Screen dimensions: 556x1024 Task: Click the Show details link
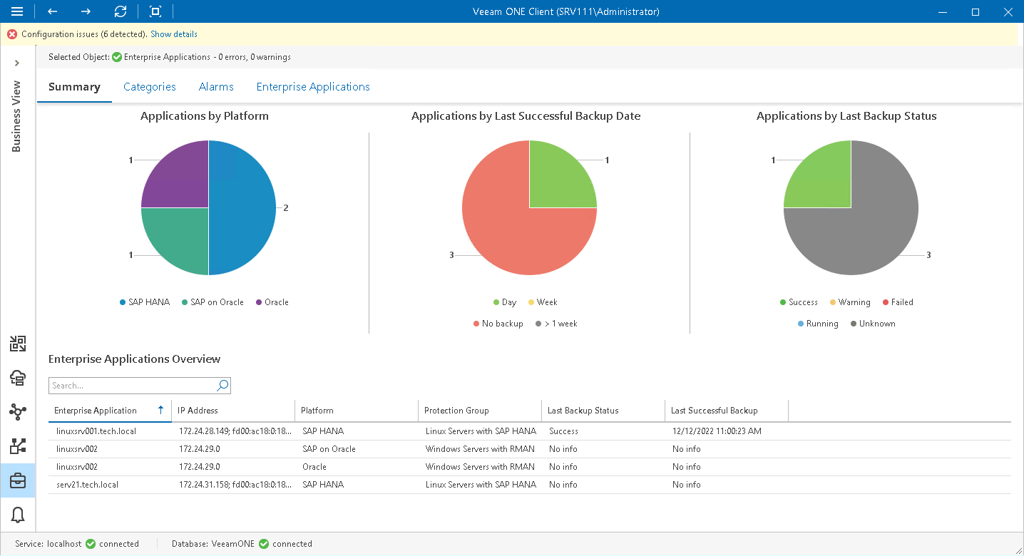point(173,34)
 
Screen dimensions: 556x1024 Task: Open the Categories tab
point(149,87)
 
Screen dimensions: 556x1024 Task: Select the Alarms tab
point(216,87)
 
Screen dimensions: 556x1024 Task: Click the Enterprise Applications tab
point(313,87)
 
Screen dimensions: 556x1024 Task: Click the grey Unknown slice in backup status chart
point(863,228)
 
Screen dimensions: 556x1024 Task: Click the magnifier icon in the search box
point(222,386)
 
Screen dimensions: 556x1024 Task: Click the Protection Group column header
point(456,411)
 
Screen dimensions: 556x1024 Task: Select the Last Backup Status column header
point(583,411)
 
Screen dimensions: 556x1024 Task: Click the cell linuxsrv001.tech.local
point(96,431)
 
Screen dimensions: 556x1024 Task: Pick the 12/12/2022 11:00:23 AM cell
point(717,431)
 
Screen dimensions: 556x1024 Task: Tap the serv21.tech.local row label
point(87,485)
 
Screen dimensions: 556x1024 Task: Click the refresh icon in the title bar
point(121,11)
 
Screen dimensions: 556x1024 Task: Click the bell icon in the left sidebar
point(18,514)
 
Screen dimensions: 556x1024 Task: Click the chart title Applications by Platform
point(205,115)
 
